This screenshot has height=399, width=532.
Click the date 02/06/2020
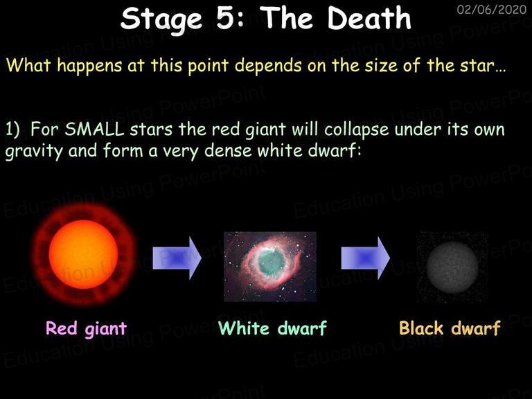(x=492, y=10)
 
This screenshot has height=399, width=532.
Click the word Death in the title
(x=369, y=18)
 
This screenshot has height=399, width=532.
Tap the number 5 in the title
(x=230, y=18)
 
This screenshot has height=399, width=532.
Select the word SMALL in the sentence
(x=94, y=130)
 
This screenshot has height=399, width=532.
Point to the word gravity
(x=34, y=151)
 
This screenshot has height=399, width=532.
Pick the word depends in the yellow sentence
(x=268, y=65)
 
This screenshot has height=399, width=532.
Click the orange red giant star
(x=84, y=254)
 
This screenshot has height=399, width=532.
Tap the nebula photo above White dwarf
(x=270, y=266)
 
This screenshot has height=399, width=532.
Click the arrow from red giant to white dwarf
(x=177, y=258)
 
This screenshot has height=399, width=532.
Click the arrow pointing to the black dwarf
(x=366, y=258)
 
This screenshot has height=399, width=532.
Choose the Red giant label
(x=86, y=328)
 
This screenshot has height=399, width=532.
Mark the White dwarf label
(x=272, y=328)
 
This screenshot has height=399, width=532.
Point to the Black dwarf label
(x=450, y=328)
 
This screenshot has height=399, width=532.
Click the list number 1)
(x=12, y=130)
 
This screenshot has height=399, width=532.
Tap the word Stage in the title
(x=161, y=19)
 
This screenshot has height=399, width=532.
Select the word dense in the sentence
(x=228, y=150)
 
